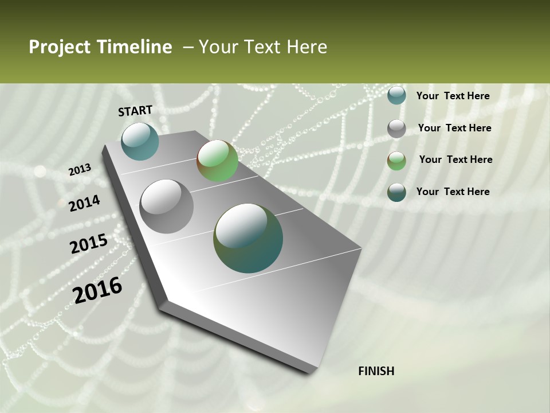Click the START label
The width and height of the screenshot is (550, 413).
click(135, 111)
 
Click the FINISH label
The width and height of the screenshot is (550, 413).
click(376, 371)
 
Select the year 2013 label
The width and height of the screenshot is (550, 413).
click(80, 170)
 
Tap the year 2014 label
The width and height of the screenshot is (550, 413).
click(85, 203)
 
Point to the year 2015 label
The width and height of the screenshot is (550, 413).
click(89, 244)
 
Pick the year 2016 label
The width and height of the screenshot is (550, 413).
click(97, 290)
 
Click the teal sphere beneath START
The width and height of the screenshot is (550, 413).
click(140, 141)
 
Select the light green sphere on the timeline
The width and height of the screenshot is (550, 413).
click(217, 161)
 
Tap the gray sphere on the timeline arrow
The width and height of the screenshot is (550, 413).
click(167, 206)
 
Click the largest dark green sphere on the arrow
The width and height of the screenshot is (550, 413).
click(248, 238)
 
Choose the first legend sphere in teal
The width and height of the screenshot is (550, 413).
click(396, 95)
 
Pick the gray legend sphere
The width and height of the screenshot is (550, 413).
click(396, 128)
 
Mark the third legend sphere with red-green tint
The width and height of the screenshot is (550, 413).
click(396, 161)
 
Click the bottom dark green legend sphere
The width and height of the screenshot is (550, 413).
click(396, 192)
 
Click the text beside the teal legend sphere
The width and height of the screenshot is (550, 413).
click(453, 96)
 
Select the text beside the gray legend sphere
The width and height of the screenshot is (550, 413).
click(454, 128)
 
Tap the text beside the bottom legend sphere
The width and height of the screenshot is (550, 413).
click(453, 192)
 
